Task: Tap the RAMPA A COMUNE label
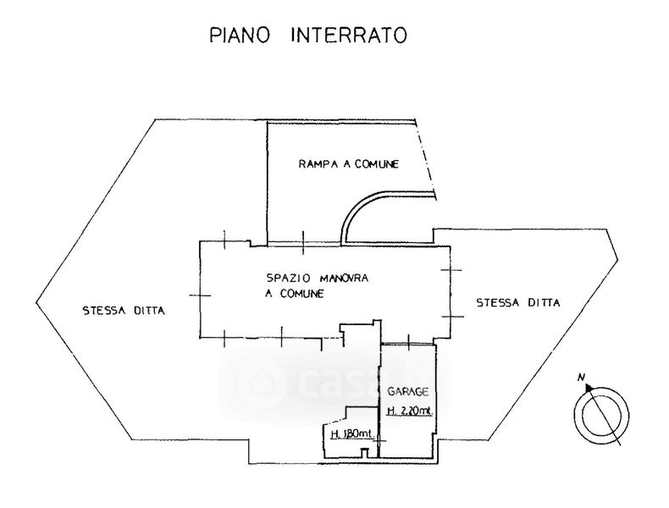[348, 163]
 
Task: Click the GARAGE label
[408, 392]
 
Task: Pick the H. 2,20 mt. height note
[409, 412]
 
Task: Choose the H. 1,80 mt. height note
[348, 434]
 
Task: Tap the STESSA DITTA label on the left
[123, 310]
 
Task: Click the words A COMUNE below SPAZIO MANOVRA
[293, 293]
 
